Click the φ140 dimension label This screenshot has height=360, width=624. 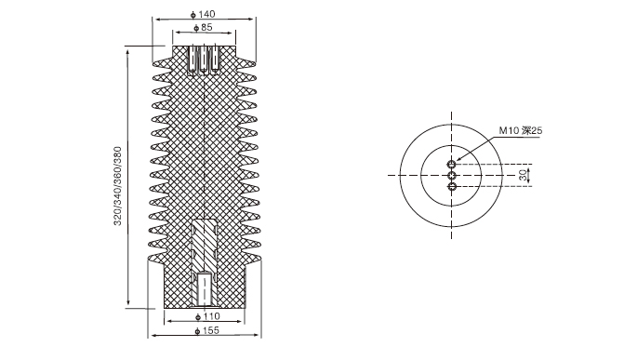point(203,14)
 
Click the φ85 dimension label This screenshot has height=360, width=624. point(203,28)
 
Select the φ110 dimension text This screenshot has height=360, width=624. point(207,316)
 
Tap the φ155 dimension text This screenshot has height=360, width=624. point(207,330)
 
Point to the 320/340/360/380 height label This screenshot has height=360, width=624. point(118,186)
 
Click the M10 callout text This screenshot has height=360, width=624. point(521,130)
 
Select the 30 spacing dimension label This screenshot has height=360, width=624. point(523,175)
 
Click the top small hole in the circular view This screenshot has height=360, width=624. point(452,164)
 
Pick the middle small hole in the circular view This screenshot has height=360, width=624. point(452,175)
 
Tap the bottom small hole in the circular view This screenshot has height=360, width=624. point(452,186)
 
